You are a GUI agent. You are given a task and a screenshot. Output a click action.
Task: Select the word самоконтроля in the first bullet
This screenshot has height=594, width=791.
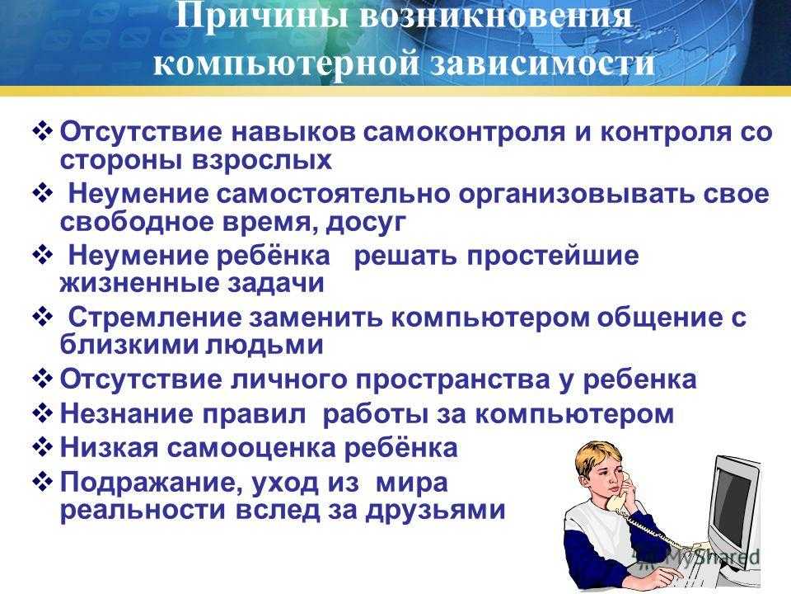tap(464, 132)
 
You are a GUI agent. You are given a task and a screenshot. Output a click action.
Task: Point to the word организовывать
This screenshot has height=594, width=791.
tap(576, 195)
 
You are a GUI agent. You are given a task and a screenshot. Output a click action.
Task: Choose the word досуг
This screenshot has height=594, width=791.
tap(366, 223)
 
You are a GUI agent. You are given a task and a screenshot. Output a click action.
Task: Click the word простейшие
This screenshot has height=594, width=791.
tap(553, 256)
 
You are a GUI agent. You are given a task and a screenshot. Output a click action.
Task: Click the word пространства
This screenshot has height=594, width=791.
tap(453, 380)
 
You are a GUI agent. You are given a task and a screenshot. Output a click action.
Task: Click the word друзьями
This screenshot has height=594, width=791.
tap(435, 511)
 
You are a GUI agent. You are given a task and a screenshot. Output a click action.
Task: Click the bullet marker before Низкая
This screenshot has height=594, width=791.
tap(42, 447)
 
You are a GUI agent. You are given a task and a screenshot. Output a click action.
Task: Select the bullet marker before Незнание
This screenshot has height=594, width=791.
tap(42, 413)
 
